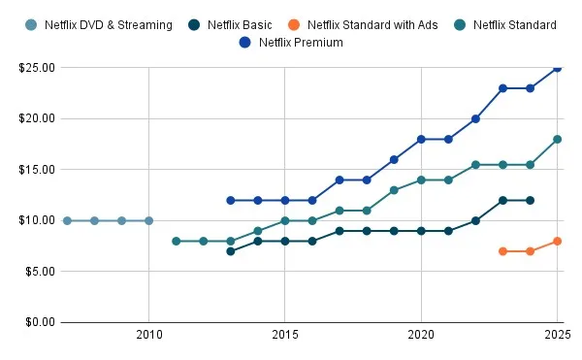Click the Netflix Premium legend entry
[x=300, y=42]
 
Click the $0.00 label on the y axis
[x=37, y=322]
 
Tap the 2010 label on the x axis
[x=148, y=336]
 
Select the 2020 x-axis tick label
[x=421, y=336]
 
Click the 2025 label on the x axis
[x=557, y=336]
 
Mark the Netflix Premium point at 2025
[x=557, y=68]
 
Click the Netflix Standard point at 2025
[x=557, y=139]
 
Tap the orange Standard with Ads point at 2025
[x=557, y=241]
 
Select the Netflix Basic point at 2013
[x=230, y=251]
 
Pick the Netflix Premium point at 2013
[x=230, y=200]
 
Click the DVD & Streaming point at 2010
[x=148, y=220]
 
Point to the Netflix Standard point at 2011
[x=176, y=241]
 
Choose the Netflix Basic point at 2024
[x=530, y=200]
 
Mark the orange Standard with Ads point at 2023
[x=502, y=251]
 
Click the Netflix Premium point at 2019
[x=394, y=159]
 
